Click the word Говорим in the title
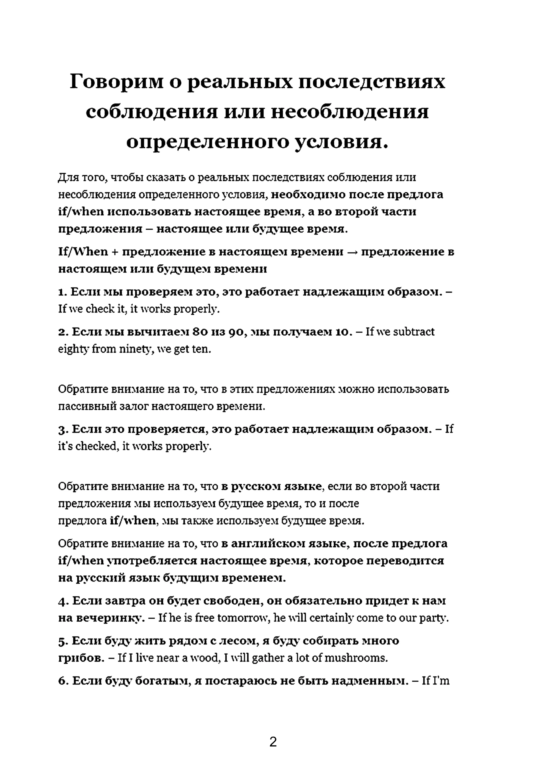[x=116, y=82]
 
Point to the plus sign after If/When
[x=115, y=252]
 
